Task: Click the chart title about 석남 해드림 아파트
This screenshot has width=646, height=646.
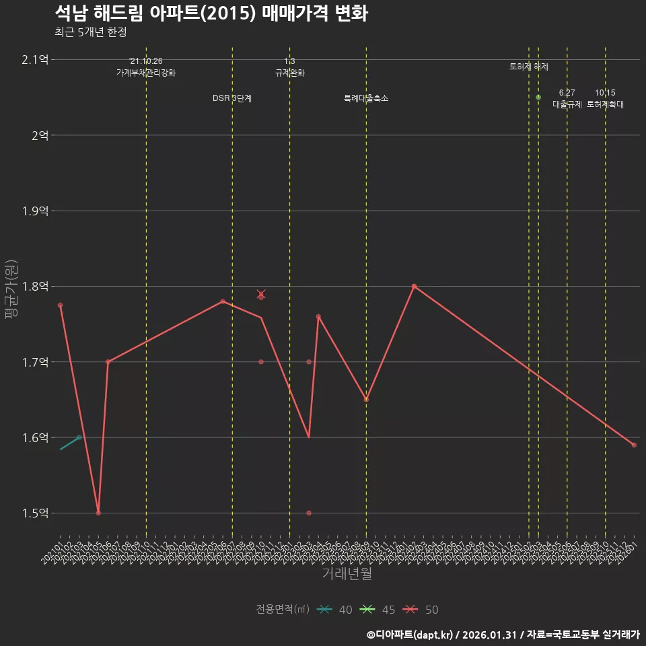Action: (211, 13)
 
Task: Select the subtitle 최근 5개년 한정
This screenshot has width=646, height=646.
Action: (90, 32)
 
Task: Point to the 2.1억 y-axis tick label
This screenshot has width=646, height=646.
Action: (35, 60)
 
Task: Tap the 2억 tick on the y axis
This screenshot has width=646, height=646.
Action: (39, 135)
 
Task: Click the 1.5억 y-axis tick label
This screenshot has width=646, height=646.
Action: (35, 513)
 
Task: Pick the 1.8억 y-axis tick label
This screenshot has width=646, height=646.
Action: (35, 287)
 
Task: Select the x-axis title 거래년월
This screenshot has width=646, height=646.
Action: (347, 574)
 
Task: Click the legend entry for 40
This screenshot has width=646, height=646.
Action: (334, 610)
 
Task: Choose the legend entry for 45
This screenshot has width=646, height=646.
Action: (378, 610)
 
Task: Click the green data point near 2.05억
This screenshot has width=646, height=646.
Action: (538, 98)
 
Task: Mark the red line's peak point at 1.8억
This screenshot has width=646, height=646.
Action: (414, 287)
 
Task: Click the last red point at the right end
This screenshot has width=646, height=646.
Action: (634, 445)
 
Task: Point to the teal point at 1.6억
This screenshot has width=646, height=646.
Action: (79, 437)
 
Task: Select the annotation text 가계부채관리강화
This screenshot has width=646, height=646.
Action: (146, 73)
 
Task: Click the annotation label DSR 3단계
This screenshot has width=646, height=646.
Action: (232, 98)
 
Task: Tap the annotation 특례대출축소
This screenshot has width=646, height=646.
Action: (366, 98)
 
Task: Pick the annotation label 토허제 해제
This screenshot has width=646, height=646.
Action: (529, 67)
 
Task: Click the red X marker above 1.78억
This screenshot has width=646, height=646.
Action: (261, 294)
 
